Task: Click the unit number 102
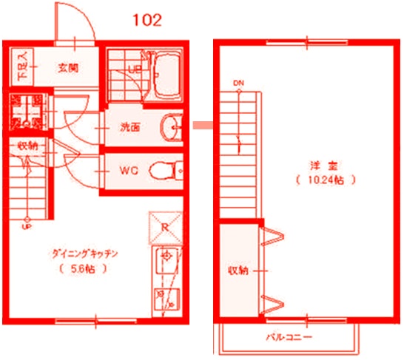point(147,19)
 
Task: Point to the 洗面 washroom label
point(130,127)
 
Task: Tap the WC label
point(129,171)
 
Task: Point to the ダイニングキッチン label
point(85,254)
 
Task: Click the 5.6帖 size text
point(85,269)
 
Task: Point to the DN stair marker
point(238,81)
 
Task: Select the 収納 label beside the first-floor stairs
point(29,145)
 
